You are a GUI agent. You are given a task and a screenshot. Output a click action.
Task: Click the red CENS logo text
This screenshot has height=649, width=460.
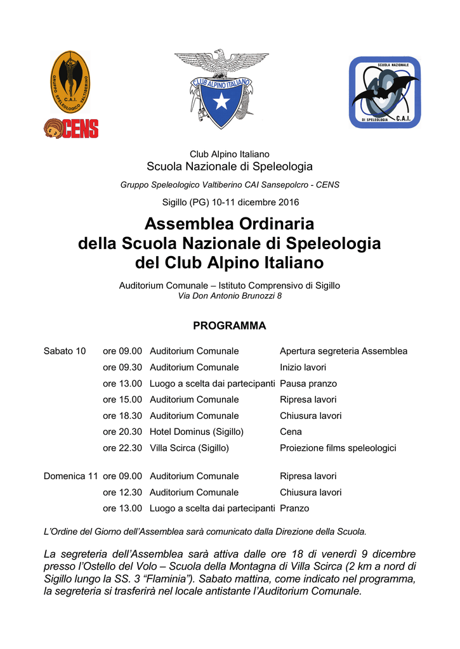79,129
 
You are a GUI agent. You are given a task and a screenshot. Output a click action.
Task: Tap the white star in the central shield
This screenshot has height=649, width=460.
221,101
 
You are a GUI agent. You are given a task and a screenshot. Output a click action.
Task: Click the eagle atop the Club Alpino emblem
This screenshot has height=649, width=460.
221,63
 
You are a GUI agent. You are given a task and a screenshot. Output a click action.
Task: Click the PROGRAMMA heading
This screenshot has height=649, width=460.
229,326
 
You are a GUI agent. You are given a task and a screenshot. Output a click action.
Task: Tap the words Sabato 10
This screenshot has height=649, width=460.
65,351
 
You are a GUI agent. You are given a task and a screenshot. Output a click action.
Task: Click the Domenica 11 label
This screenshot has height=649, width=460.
70,476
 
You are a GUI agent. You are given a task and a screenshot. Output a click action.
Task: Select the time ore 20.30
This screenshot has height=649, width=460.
122,432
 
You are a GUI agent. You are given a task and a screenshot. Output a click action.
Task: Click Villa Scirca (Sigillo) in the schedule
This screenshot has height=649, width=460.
189,448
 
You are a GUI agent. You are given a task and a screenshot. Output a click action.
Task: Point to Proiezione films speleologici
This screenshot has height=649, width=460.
338,448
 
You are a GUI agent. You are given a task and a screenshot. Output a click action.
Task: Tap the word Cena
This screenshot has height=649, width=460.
291,432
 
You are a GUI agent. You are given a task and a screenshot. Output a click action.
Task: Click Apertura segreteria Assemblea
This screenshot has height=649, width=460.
343,351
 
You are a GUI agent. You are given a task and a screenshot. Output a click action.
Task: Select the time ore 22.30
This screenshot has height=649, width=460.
122,448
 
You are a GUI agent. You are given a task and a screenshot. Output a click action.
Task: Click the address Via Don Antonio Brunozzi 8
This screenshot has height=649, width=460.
229,296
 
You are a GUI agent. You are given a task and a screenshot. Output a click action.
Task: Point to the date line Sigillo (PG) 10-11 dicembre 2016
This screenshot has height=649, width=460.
229,202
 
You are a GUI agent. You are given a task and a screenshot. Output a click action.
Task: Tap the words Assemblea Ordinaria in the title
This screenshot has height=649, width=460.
229,224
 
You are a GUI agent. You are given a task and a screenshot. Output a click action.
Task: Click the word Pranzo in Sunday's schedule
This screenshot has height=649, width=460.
294,508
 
